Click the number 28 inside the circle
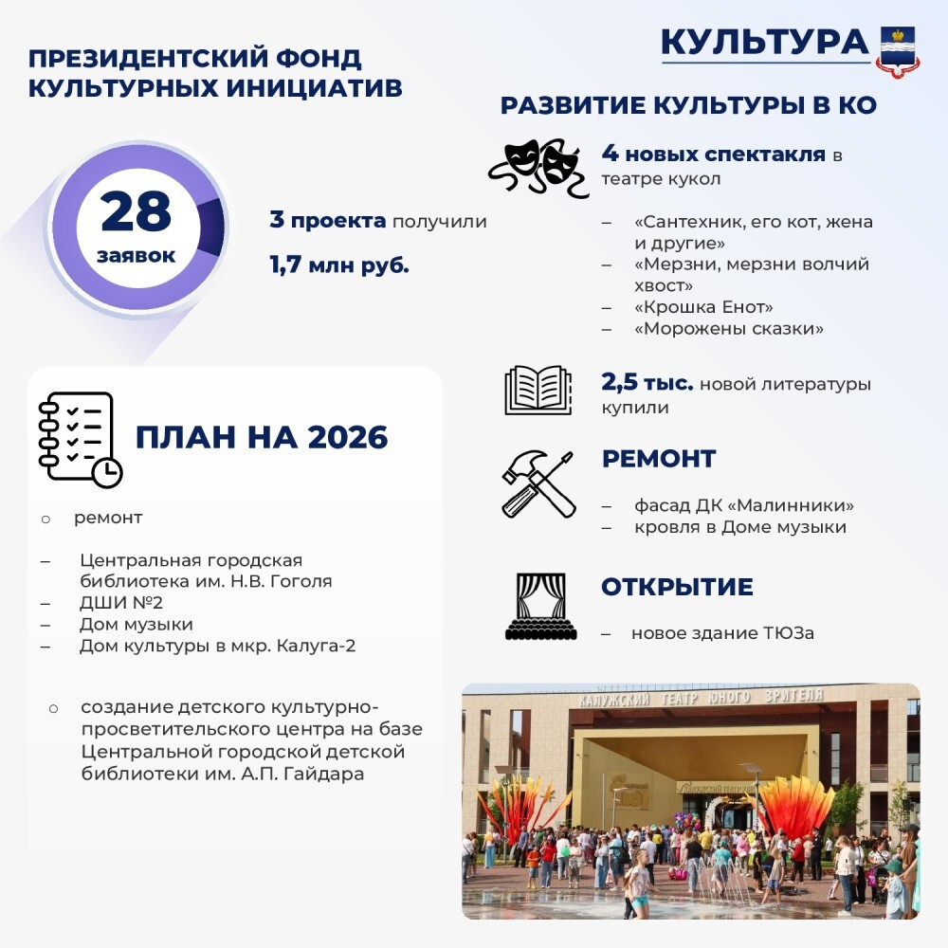(x=137, y=213)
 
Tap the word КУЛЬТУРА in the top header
(x=764, y=42)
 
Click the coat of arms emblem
(x=897, y=49)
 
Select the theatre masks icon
(x=538, y=167)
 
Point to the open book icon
(x=538, y=390)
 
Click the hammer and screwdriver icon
(x=538, y=483)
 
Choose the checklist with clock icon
(x=79, y=439)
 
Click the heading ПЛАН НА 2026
(x=262, y=437)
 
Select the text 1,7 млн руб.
(x=339, y=264)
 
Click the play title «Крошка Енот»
(x=703, y=307)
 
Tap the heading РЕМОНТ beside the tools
(x=659, y=459)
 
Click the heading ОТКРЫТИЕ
(x=677, y=587)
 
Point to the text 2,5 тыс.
(x=647, y=384)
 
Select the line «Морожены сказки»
(x=728, y=329)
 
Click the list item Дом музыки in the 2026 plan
(x=137, y=625)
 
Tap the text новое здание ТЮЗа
(x=722, y=633)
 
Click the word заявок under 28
(x=136, y=256)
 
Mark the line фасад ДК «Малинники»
(x=744, y=504)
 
